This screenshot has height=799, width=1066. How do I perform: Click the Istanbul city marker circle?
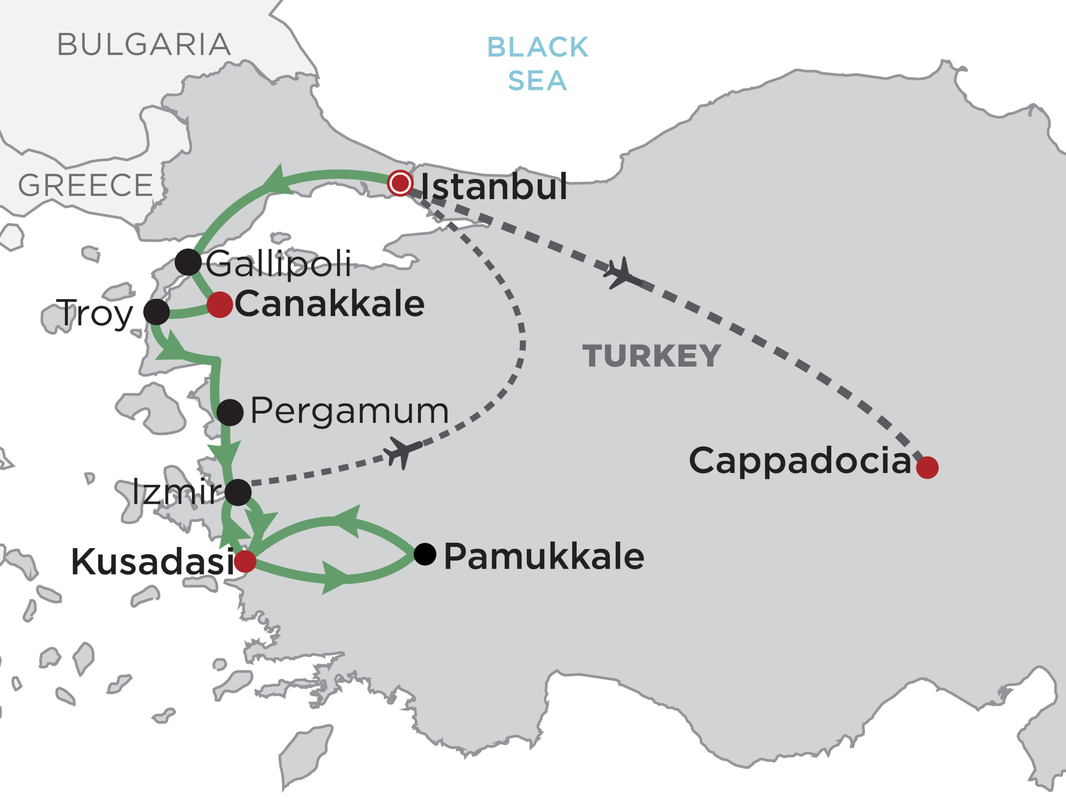pos(400,183)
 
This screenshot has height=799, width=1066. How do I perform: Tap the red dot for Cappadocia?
pos(927,468)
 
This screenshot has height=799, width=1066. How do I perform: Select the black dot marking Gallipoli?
pos(188,263)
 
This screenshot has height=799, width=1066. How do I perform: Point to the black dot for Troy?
pos(157,312)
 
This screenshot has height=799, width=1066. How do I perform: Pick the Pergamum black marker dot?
pos(230,413)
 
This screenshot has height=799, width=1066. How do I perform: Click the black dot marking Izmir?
pos(238,493)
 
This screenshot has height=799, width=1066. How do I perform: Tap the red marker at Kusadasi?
pos(245,561)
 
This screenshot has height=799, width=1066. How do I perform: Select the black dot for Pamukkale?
pos(425,554)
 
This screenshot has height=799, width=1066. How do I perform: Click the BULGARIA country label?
pos(144,45)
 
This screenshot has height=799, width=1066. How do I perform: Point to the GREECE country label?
pos(85,186)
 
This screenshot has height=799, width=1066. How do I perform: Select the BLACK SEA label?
pos(537,64)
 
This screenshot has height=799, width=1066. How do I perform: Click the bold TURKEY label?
pos(652,356)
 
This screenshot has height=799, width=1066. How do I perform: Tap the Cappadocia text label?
pos(800,461)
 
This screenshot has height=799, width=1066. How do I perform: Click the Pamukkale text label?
pos(543,557)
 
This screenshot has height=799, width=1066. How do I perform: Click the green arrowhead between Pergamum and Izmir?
pos(224,453)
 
